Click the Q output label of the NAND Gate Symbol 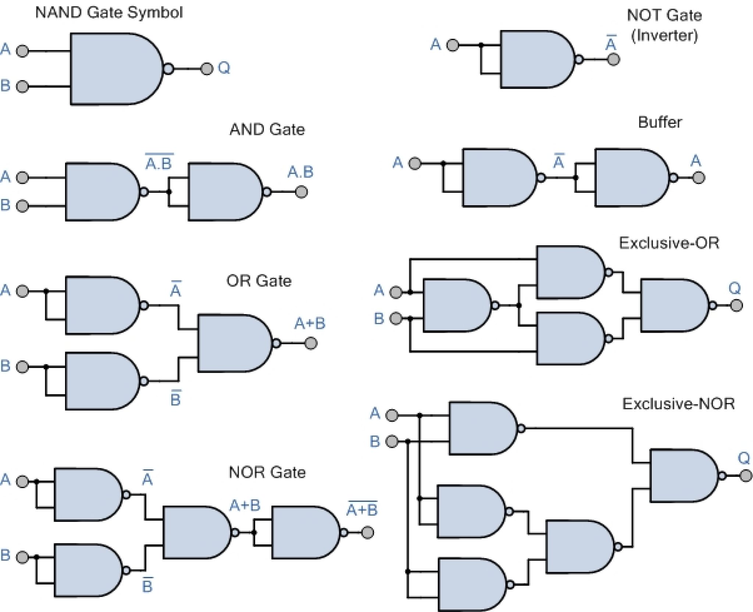pyautogui.click(x=224, y=68)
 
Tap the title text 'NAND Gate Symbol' pyautogui.click(x=109, y=13)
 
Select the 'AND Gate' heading pyautogui.click(x=267, y=129)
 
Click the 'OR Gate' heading pyautogui.click(x=259, y=281)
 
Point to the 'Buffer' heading pyautogui.click(x=660, y=122)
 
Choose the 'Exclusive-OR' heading pyautogui.click(x=669, y=243)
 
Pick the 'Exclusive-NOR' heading pyautogui.click(x=678, y=404)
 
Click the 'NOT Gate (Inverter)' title pyautogui.click(x=664, y=25)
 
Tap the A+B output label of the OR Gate pyautogui.click(x=310, y=324)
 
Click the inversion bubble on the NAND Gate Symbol pyautogui.click(x=168, y=69)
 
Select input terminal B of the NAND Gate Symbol pyautogui.click(x=22, y=86)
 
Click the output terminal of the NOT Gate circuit pyautogui.click(x=613, y=59)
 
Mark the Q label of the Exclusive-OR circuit pyautogui.click(x=734, y=288)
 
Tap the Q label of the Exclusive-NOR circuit pyautogui.click(x=744, y=458)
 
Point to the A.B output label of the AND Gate pyautogui.click(x=300, y=172)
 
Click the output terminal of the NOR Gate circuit pyautogui.click(x=367, y=533)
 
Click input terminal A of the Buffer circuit pyautogui.click(x=415, y=163)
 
